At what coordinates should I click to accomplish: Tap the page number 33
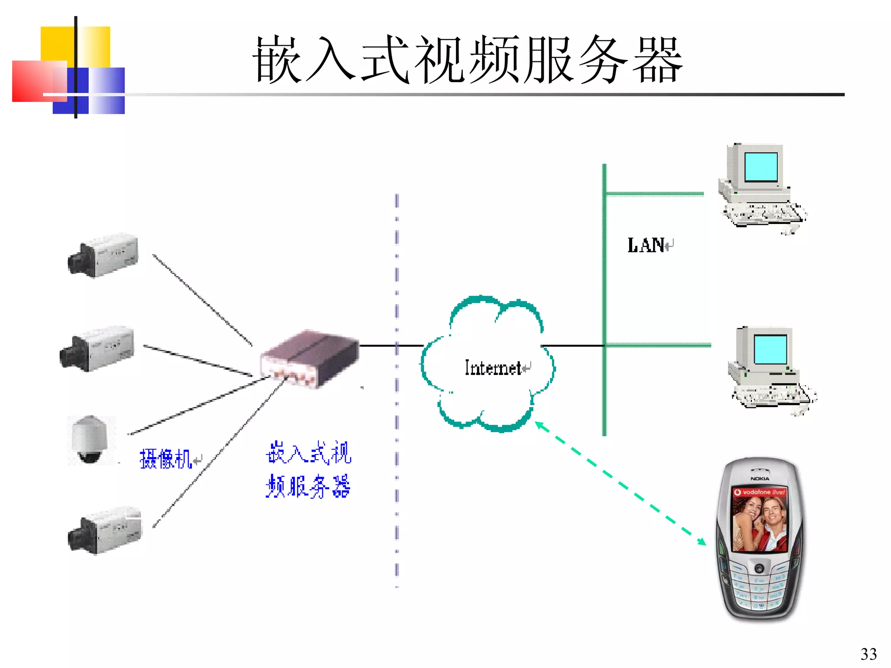(x=868, y=654)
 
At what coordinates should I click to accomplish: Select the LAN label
(x=646, y=245)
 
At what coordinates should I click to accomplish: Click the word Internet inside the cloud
(x=493, y=368)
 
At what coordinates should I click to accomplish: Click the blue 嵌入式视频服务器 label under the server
(x=308, y=470)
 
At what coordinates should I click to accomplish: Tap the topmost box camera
(x=104, y=256)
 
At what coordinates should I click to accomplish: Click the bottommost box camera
(x=105, y=531)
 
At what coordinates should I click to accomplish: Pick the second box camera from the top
(x=97, y=349)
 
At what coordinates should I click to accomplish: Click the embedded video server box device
(x=310, y=359)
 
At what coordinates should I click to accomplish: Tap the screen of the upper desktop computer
(x=761, y=167)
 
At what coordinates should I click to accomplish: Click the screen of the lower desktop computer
(x=770, y=349)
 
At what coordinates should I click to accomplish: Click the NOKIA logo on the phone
(x=760, y=478)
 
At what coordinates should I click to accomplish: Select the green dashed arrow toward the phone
(x=620, y=483)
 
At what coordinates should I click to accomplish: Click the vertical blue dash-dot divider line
(x=396, y=391)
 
